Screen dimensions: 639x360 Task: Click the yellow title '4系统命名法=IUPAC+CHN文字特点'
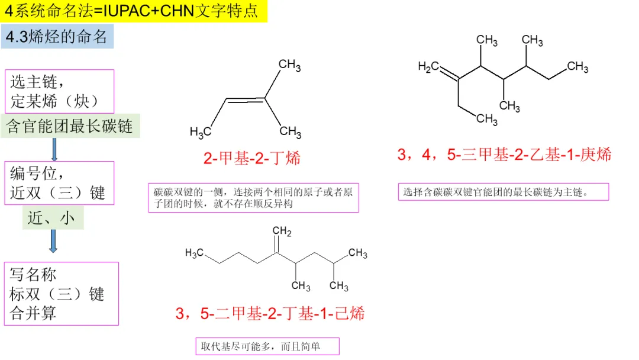134,11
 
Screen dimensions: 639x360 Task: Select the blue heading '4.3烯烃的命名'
57,37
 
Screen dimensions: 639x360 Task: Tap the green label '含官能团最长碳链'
70,126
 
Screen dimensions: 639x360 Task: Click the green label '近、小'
53,218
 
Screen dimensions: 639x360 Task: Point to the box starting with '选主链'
59,91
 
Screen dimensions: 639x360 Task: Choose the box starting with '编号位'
59,183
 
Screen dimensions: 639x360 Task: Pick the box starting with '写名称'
61,293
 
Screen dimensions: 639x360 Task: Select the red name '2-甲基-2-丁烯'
253,158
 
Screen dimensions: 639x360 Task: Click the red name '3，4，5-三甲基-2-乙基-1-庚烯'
504,155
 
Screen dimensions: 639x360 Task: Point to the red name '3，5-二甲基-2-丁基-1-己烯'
270,313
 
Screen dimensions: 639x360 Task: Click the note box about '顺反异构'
253,198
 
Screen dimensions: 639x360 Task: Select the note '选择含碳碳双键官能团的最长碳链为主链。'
503,192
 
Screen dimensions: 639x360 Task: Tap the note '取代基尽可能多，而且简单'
267,346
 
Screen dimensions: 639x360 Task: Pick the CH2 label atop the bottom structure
282,230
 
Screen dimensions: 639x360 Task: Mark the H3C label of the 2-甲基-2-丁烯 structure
201,131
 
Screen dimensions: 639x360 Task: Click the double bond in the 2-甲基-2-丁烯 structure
246,101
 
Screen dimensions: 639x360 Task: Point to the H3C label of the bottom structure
195,253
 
